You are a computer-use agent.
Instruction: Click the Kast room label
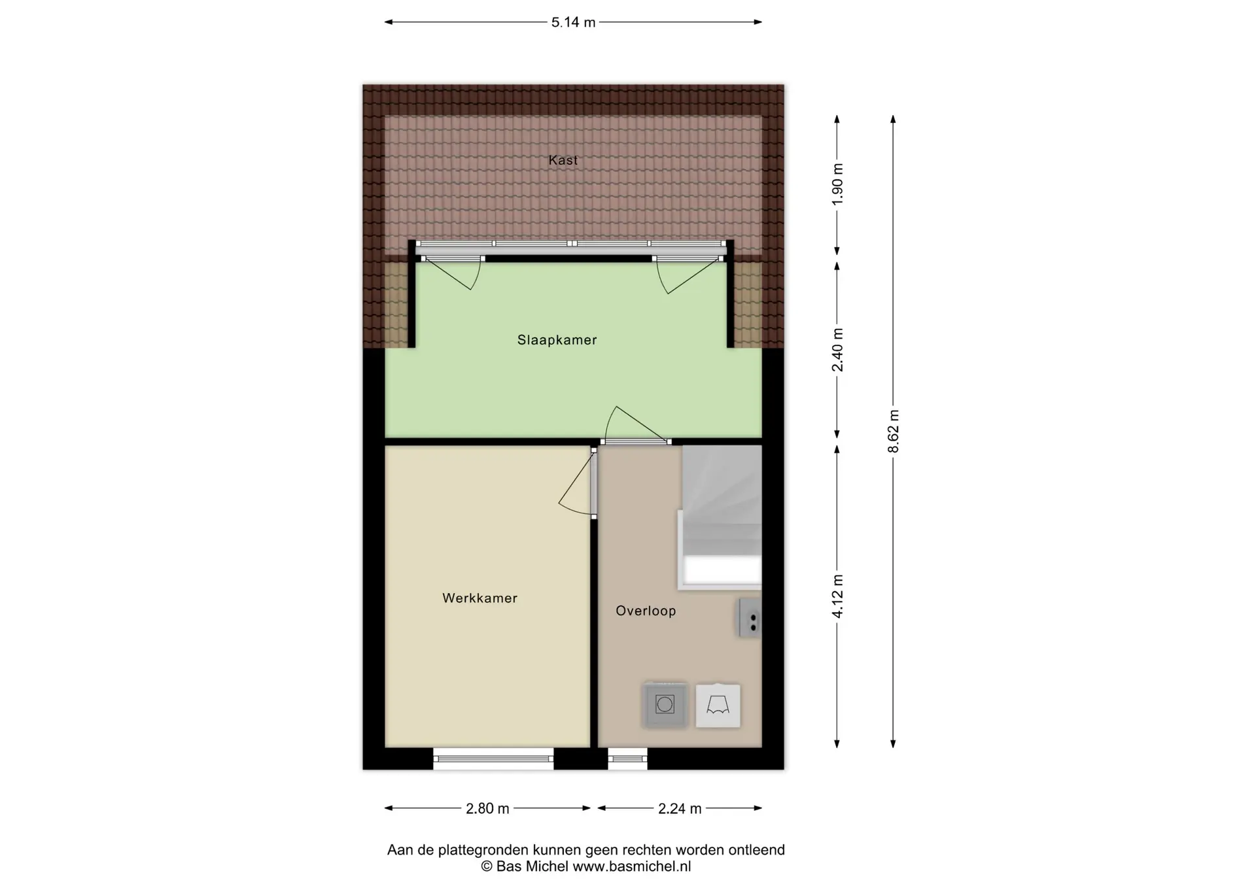(x=563, y=160)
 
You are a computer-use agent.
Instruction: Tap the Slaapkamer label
(x=557, y=340)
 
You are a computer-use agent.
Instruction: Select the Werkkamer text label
(x=480, y=598)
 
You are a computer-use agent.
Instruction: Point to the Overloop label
(x=646, y=611)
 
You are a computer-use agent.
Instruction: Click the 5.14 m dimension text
(x=573, y=22)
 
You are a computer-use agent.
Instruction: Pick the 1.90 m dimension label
(x=837, y=184)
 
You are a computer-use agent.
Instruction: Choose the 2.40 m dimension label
(x=837, y=350)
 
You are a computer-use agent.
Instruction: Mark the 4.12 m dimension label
(x=837, y=596)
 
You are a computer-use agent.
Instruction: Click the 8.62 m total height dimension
(x=894, y=432)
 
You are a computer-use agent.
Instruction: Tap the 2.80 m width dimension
(x=487, y=809)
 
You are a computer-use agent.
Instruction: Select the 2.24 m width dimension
(x=680, y=809)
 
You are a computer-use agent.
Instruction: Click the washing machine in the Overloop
(x=665, y=705)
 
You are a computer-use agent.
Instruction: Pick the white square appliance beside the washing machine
(x=718, y=706)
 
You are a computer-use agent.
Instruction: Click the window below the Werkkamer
(x=493, y=759)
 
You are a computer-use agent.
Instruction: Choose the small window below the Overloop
(x=627, y=759)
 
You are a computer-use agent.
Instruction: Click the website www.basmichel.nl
(x=631, y=867)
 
